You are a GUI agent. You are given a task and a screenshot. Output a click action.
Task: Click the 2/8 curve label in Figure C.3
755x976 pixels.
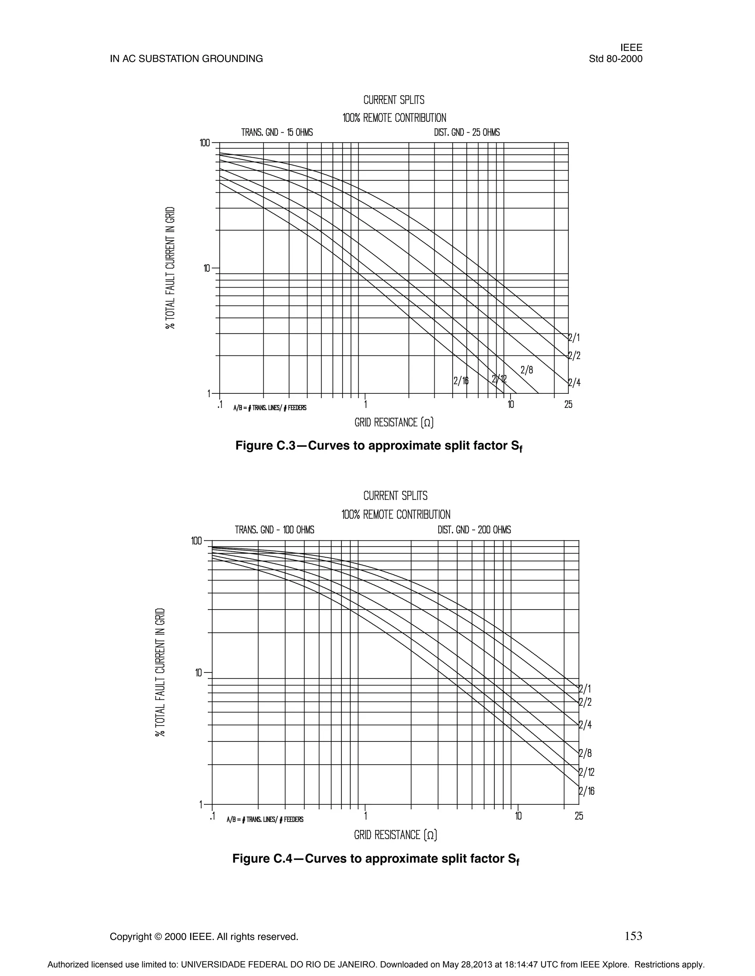[x=526, y=370]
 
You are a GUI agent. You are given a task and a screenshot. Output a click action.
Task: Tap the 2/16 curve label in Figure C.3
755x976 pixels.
[x=461, y=381]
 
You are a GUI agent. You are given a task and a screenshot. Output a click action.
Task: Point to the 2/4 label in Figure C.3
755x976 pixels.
[x=574, y=383]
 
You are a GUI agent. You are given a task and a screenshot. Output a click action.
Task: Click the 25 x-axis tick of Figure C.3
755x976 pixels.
[x=568, y=404]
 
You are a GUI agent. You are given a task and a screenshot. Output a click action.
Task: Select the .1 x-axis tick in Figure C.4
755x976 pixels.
[x=212, y=815]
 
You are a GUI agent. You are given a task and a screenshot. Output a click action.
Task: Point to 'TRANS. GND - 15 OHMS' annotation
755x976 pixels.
[x=277, y=133]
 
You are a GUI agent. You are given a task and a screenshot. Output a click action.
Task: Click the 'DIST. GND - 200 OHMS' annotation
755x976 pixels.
[x=474, y=530]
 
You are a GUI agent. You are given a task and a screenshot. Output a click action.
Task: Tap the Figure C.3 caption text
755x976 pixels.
[x=379, y=446]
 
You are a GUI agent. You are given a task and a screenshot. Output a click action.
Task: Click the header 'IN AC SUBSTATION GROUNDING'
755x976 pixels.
[x=186, y=59]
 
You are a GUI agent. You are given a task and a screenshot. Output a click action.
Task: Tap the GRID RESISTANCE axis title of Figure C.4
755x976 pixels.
[x=396, y=835]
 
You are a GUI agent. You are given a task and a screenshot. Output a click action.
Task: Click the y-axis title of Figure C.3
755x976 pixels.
[x=170, y=268]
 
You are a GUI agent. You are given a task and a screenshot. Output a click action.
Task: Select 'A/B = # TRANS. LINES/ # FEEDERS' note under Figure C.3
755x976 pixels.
[x=270, y=408]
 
